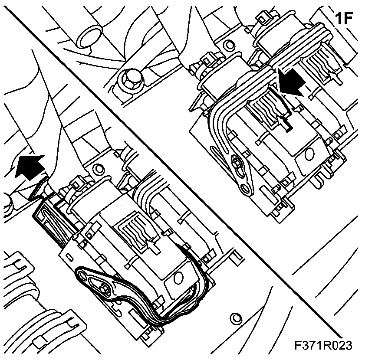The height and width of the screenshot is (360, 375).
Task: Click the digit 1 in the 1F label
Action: click(340, 19)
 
